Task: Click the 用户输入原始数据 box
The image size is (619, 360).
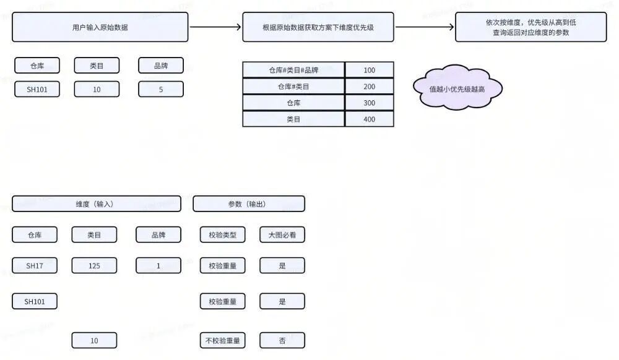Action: click(x=100, y=27)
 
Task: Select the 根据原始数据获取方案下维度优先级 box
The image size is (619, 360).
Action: click(x=318, y=27)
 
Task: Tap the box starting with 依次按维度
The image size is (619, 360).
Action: click(x=530, y=27)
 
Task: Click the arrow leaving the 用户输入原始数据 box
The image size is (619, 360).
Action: click(x=215, y=27)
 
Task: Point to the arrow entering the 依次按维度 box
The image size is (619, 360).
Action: click(x=425, y=27)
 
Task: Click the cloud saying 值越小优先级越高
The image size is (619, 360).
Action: click(x=457, y=88)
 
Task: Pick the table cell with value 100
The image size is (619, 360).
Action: click(x=369, y=70)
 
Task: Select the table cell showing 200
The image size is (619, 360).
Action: click(x=369, y=87)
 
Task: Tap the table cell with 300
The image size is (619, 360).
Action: click(x=369, y=103)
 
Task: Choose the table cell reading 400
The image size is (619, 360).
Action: click(x=369, y=119)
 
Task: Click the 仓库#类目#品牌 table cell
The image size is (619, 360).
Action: click(x=293, y=70)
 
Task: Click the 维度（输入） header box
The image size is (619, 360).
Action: click(x=97, y=204)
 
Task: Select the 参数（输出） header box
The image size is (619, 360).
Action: click(x=249, y=204)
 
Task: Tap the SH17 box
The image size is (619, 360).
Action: click(x=35, y=266)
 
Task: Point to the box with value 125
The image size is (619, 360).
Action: click(x=94, y=266)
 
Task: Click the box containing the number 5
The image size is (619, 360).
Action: click(x=161, y=89)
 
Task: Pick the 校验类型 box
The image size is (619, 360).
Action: click(x=223, y=234)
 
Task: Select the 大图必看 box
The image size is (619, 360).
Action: click(x=282, y=234)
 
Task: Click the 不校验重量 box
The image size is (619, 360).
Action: click(x=223, y=340)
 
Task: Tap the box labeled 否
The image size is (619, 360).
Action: click(x=282, y=340)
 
